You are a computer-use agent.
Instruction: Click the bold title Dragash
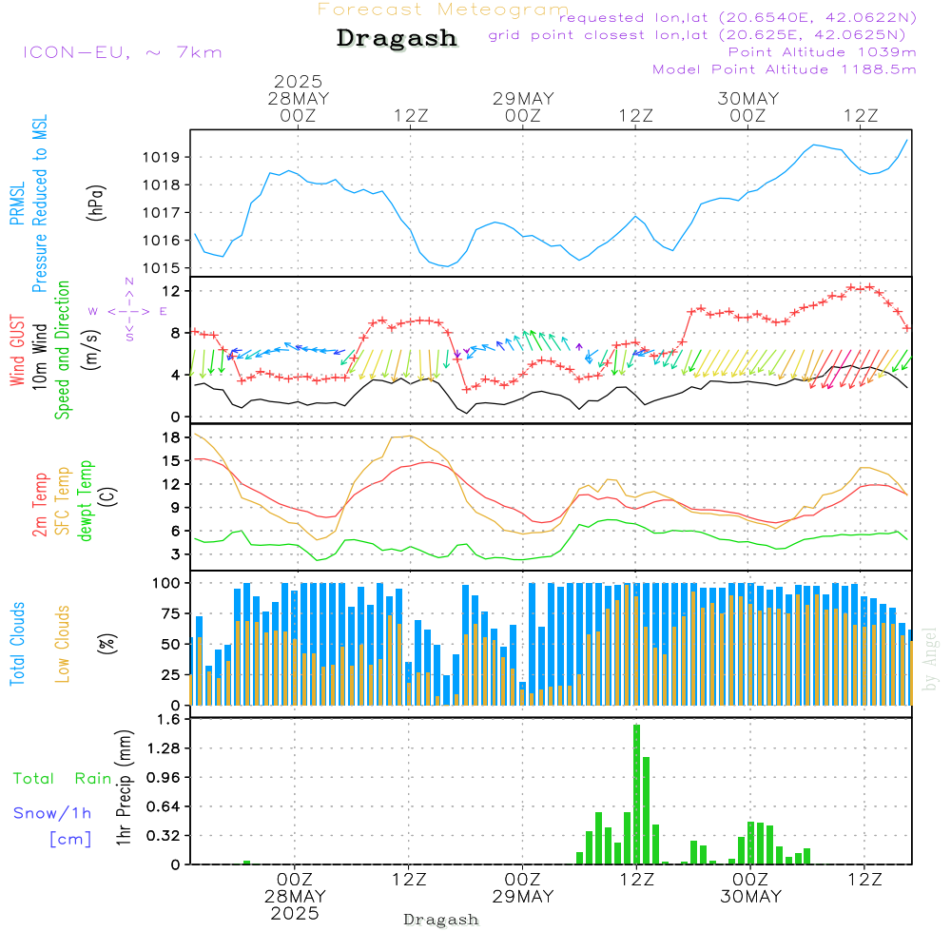(x=397, y=39)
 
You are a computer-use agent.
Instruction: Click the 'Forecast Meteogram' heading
(x=443, y=10)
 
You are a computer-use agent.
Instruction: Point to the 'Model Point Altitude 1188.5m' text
(x=784, y=69)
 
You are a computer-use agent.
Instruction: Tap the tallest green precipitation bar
(x=636, y=794)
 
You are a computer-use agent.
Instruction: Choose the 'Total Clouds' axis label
(x=17, y=644)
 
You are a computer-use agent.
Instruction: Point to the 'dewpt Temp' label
(x=87, y=501)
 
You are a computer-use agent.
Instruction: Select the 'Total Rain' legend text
(x=62, y=779)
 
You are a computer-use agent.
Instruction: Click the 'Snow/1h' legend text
(x=52, y=813)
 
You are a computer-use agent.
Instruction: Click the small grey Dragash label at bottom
(x=441, y=920)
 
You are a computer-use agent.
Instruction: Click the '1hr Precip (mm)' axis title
(x=124, y=789)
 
